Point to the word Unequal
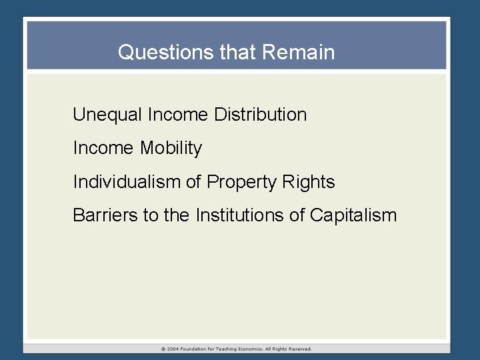coord(107,115)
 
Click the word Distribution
coord(261,115)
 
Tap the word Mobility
coord(171,148)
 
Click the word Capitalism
coord(353,215)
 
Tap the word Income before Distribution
coord(178,115)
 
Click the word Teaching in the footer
coord(231,349)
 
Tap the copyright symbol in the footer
coord(163,349)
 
